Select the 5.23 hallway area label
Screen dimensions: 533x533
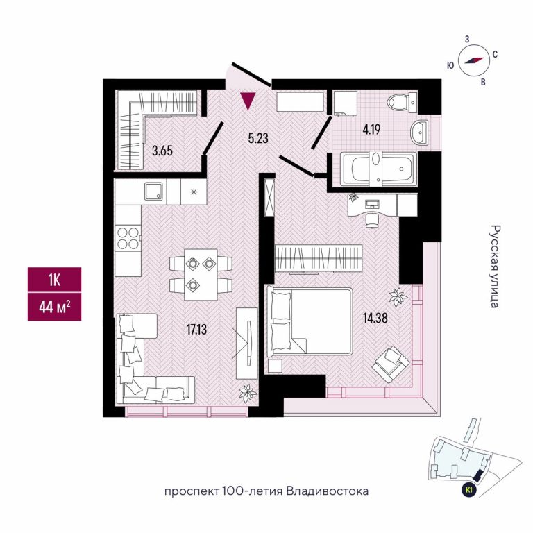(260, 137)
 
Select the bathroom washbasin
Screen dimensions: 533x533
(419, 131)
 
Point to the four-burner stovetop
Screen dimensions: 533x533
(128, 239)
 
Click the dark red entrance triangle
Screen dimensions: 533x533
(247, 102)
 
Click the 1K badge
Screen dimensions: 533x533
(54, 280)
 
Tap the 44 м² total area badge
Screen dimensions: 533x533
(54, 307)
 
